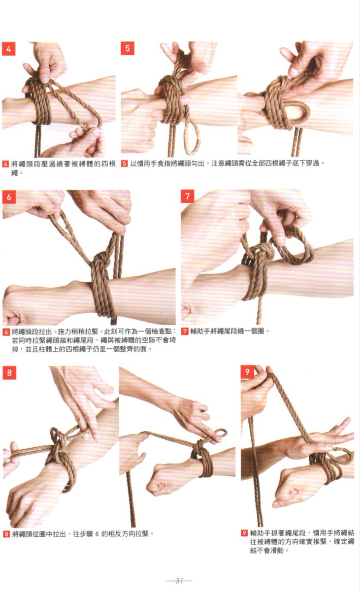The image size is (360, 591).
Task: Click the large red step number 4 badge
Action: click(9, 49)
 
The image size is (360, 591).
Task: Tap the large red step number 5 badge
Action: click(128, 48)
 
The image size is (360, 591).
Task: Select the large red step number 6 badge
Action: click(9, 197)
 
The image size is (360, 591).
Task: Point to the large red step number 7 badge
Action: click(188, 196)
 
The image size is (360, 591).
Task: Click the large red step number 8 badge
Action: click(9, 372)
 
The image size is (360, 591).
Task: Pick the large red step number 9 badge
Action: click(247, 372)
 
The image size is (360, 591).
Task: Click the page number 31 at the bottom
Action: click(180, 581)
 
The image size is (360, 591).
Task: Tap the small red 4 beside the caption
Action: click(5, 164)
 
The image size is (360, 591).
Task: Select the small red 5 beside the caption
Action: click(125, 164)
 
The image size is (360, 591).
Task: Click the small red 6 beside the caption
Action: click(6, 332)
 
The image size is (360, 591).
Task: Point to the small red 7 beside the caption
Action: click(185, 331)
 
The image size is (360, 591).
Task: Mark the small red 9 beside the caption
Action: click(244, 533)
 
